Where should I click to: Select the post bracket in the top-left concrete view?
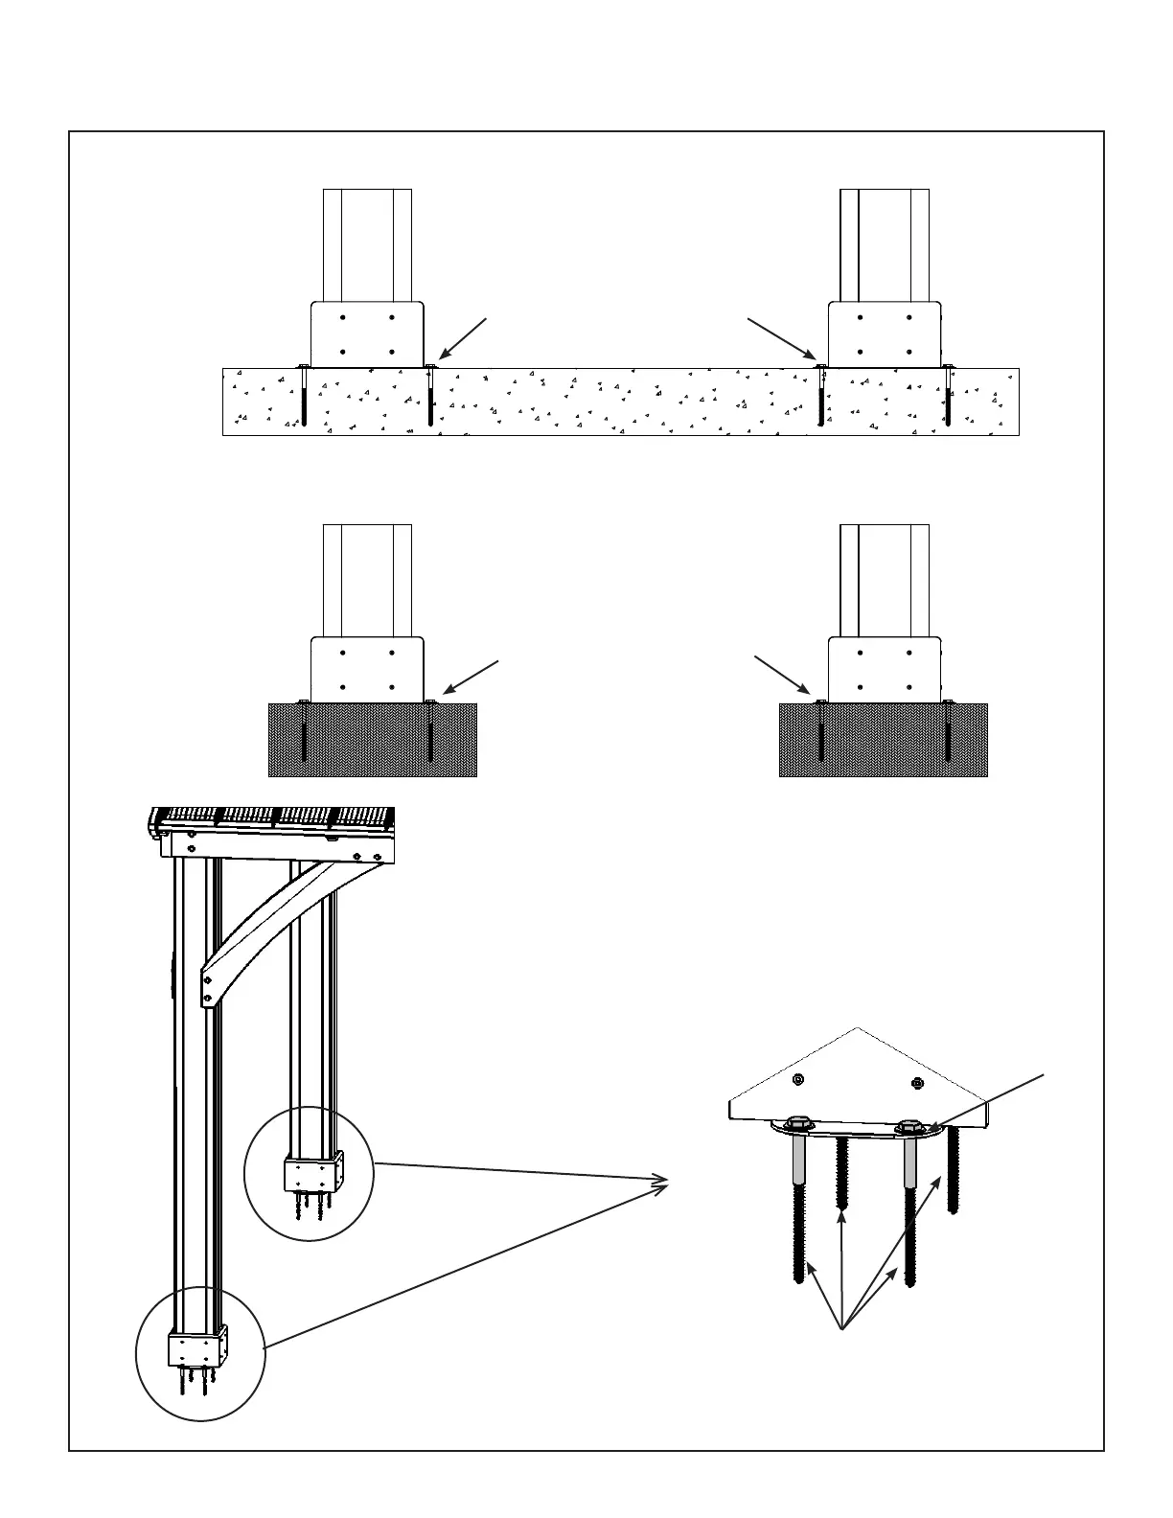[367, 334]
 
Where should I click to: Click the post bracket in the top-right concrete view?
[885, 334]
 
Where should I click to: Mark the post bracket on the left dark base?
[367, 669]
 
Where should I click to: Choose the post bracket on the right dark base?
[885, 669]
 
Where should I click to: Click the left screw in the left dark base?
[304, 732]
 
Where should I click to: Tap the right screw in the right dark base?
[948, 732]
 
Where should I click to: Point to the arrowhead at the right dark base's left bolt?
[811, 695]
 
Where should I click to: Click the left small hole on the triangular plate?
[798, 1080]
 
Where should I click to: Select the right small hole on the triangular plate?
[916, 1084]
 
